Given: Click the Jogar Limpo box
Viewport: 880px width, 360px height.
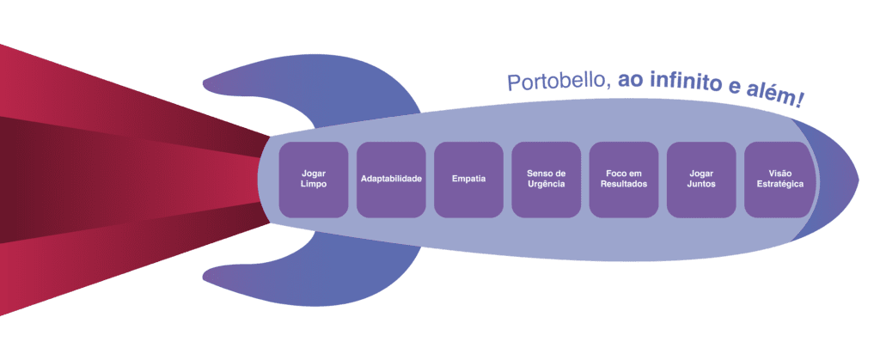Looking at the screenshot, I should pos(314,179).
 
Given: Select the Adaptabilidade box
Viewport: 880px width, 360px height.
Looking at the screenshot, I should pos(391,179).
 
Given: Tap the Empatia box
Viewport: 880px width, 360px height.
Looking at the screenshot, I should pos(468,179).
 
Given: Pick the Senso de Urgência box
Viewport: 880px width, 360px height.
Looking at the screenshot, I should pos(546,179).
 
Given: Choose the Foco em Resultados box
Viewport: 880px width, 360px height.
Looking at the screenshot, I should pos(624,179).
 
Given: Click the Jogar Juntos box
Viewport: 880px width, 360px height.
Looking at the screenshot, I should pos(701,179).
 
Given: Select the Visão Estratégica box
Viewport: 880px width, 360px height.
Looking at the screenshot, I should pos(779,179).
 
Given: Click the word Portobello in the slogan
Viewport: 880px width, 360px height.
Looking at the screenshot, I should pos(558,82).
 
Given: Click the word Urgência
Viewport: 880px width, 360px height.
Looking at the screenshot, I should pos(546,185).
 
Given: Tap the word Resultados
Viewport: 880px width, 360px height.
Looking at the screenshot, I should pos(624,185).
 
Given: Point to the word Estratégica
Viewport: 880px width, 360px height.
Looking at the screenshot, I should pos(779,185).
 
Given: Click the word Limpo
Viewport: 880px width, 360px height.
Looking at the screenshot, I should pos(314,185).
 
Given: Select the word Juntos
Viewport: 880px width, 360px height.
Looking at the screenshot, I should pos(701,185).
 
